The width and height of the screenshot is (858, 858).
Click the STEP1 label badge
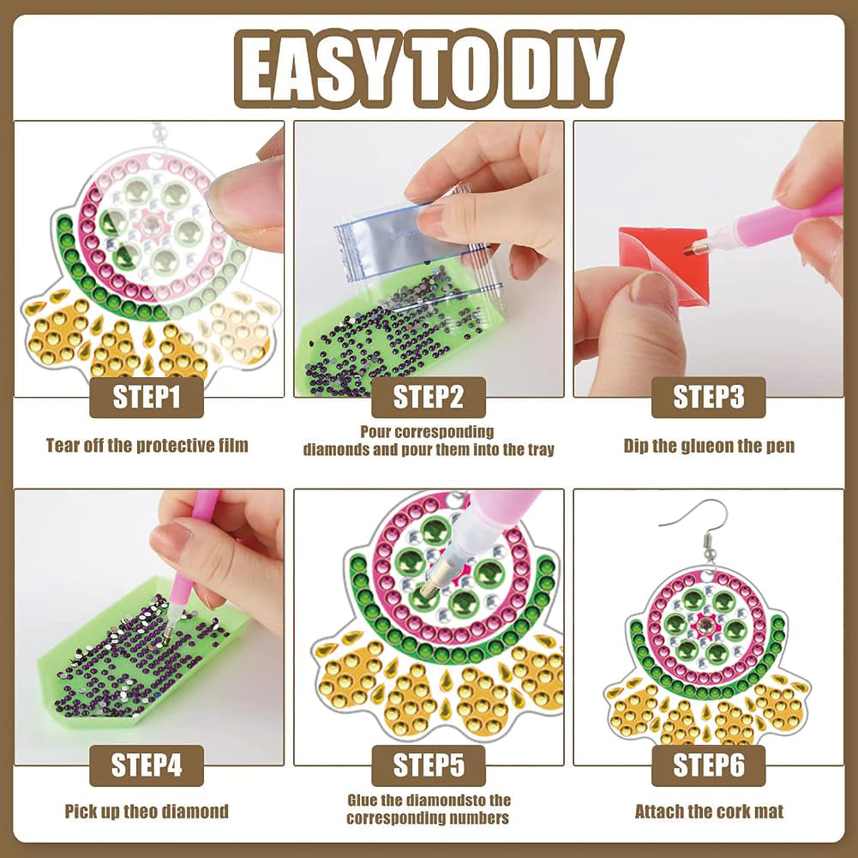pos(146,397)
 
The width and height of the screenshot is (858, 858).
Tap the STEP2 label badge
pos(429,397)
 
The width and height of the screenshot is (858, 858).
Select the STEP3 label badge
pos(709,397)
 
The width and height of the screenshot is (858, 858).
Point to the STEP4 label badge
pos(146,765)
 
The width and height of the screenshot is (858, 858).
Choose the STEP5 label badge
pos(429,765)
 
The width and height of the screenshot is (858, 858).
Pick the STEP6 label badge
pos(709,765)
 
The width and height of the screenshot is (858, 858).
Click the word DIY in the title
pos(564,69)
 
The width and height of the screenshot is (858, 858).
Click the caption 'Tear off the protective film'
pos(147,446)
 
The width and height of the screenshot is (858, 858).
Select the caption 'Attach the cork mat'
pos(709,812)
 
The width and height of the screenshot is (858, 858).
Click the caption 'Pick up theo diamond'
pos(147,812)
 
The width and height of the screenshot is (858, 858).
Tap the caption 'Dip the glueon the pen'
pos(709,446)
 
